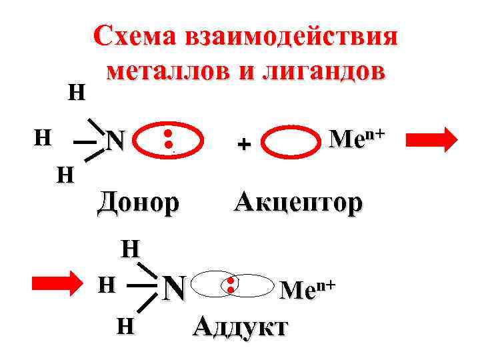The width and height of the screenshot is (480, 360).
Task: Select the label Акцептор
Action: pos(298,201)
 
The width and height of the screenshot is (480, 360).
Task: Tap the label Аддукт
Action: pos(240,327)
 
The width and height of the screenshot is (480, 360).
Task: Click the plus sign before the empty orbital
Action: pos(244,143)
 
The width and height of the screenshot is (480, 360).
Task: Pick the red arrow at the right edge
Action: pos(431,140)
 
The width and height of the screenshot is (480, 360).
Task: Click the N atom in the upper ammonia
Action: pos(117,140)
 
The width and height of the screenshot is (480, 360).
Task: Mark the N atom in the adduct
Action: pos(174,288)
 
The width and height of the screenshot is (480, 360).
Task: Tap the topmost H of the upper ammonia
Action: pos(77,93)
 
